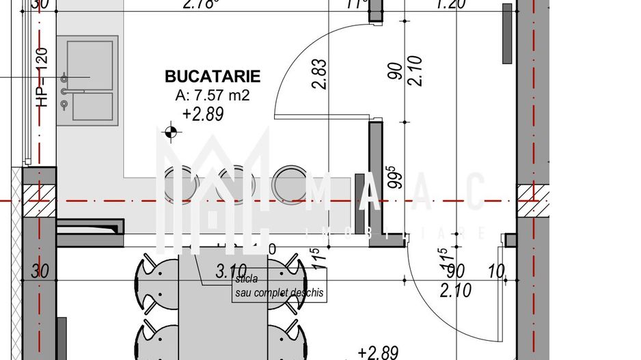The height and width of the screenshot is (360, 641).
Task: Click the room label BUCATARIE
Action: [x=213, y=77]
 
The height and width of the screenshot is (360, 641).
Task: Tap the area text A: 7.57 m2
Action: [x=213, y=96]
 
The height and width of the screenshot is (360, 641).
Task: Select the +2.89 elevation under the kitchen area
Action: [x=203, y=115]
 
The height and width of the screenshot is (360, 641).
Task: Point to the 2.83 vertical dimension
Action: [x=318, y=74]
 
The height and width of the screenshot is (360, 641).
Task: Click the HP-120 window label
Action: [x=42, y=78]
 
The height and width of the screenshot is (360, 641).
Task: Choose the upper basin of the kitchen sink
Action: [x=90, y=64]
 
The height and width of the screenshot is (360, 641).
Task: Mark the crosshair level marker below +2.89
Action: [x=170, y=132]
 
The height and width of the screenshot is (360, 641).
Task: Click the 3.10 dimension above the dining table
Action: [x=230, y=271]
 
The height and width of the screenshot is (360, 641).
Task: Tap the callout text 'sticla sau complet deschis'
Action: [x=277, y=287]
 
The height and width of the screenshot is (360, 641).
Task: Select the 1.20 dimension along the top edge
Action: [x=451, y=5]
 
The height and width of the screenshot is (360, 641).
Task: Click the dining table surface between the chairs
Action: [x=223, y=314]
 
